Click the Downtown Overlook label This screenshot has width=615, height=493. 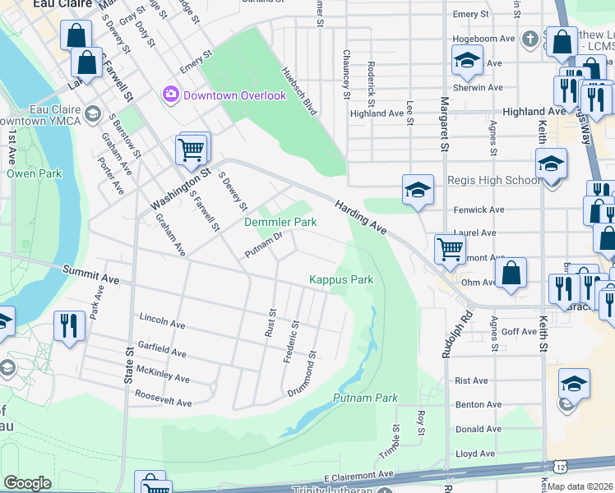click(234, 95)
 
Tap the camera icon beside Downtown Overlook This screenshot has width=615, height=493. click(171, 94)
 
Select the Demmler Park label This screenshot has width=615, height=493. click(280, 222)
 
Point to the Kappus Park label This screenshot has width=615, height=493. click(341, 279)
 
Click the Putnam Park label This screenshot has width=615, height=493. click(365, 398)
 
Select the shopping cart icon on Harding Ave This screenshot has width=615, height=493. click(450, 247)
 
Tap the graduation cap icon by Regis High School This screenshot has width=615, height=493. click(418, 189)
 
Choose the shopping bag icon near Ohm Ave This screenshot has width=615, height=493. click(511, 274)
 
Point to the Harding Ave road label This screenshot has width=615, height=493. click(360, 216)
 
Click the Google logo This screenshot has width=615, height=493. click(27, 483)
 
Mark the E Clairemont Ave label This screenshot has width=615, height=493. click(358, 477)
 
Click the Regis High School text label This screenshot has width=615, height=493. click(493, 181)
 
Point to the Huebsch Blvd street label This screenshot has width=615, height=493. click(299, 90)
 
